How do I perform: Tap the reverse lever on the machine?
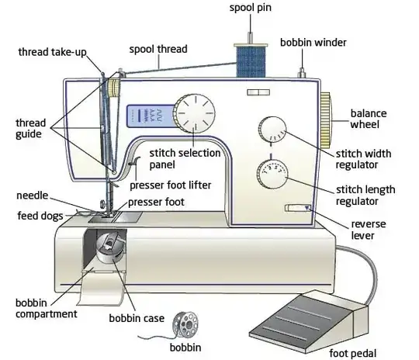[x=297, y=208]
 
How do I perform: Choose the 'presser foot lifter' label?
[x=168, y=185]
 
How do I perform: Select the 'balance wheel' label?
[x=368, y=119]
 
